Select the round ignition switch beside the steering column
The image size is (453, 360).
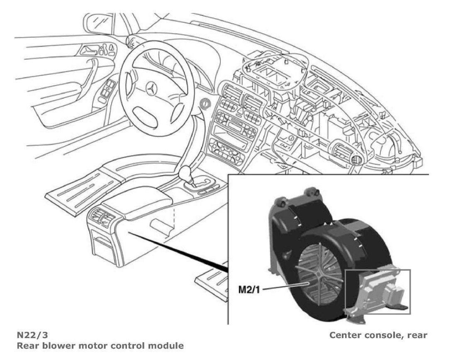205,103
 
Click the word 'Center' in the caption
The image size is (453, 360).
344,335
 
